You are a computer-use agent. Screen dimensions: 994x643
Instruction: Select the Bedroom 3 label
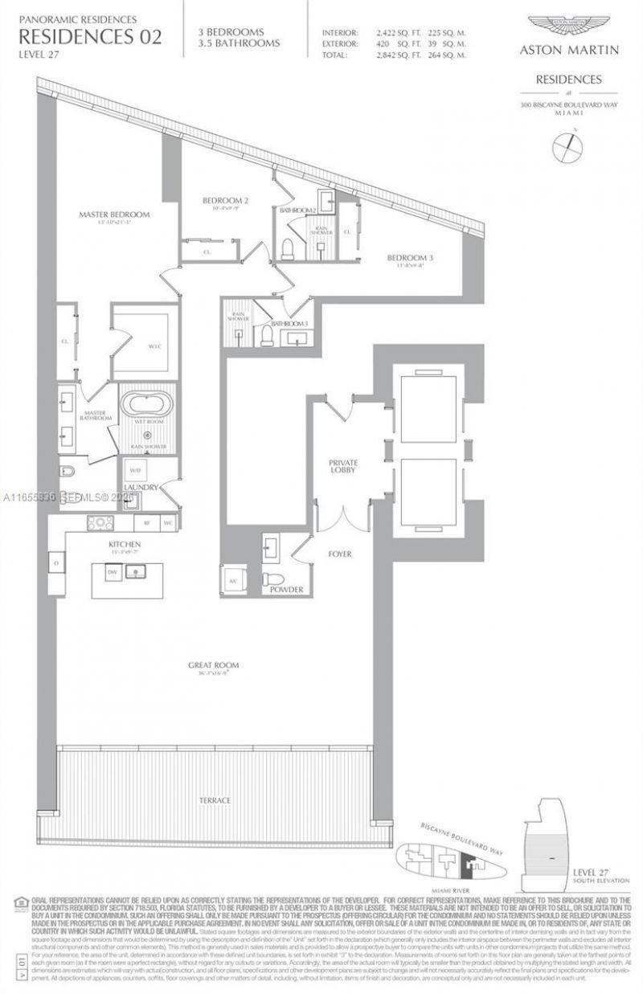click(410, 258)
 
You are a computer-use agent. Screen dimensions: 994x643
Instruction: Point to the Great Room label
click(214, 665)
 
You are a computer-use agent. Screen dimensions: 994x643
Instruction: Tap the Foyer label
click(339, 554)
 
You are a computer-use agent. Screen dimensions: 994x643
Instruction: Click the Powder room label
click(287, 590)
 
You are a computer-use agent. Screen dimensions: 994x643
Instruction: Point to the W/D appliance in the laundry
click(133, 471)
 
